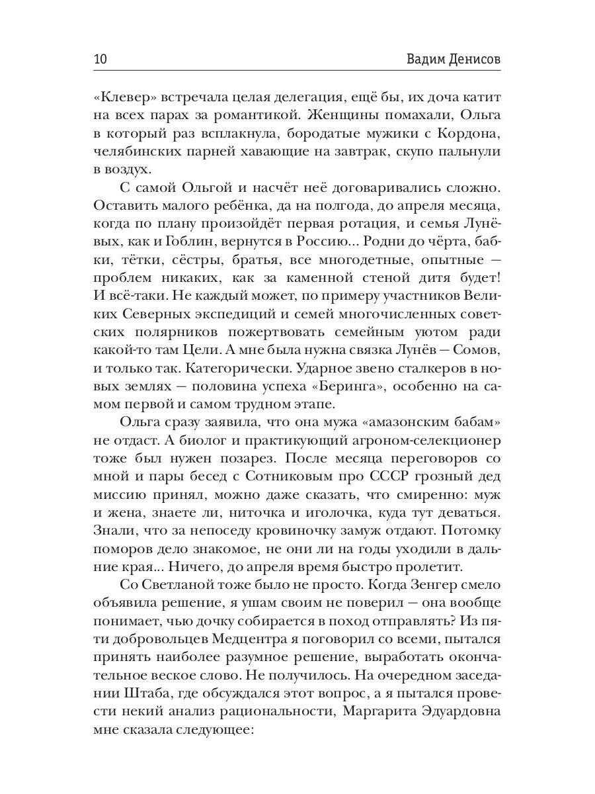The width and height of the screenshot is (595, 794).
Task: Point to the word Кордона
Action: [465, 134]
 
